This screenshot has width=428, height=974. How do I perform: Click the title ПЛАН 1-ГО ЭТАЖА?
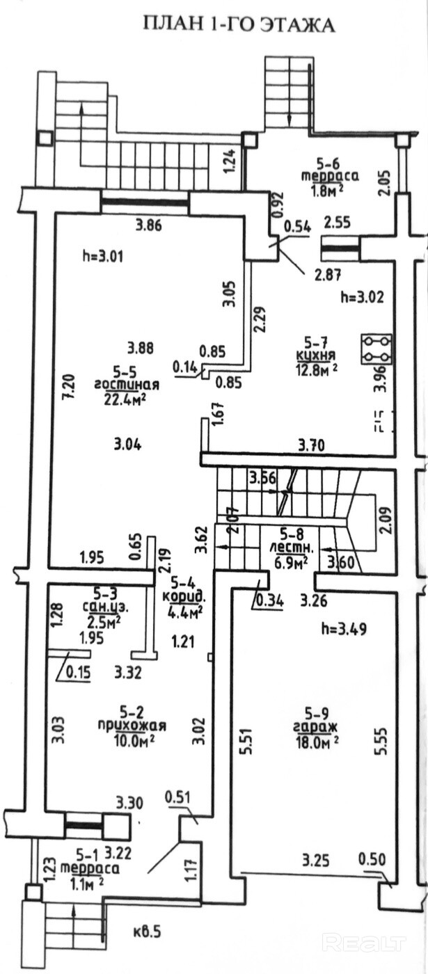[x=239, y=24]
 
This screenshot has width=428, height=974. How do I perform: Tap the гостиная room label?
[x=127, y=385]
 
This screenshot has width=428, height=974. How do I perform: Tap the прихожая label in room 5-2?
[x=132, y=726]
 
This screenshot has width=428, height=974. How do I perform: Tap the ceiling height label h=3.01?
[x=102, y=255]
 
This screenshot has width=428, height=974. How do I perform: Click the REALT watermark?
[x=364, y=943]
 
